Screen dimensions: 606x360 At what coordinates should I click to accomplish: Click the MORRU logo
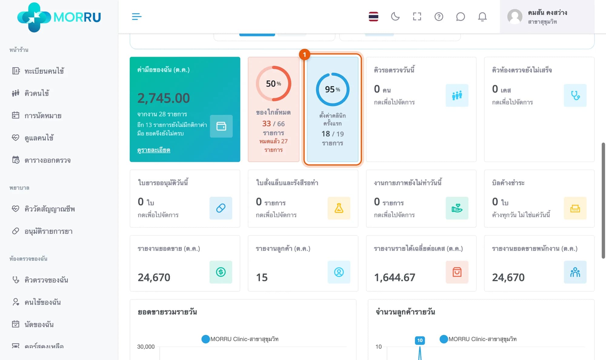click(x=59, y=17)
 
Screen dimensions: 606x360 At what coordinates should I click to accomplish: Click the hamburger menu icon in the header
click(x=137, y=16)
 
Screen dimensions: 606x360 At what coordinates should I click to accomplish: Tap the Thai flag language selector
click(x=373, y=16)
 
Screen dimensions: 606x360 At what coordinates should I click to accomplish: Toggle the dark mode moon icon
click(x=395, y=16)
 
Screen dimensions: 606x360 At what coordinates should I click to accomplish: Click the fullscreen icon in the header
click(x=417, y=16)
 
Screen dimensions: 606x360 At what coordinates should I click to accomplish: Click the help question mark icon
click(x=439, y=16)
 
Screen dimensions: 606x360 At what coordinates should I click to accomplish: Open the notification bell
click(x=482, y=16)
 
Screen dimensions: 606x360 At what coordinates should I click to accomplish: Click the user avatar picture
click(x=515, y=16)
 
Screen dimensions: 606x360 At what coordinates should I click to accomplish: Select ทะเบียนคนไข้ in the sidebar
click(x=44, y=71)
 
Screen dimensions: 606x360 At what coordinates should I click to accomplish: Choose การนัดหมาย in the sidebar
click(x=43, y=115)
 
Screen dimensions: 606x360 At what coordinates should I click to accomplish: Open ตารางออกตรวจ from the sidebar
click(x=48, y=160)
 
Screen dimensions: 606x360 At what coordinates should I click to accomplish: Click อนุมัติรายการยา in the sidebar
click(x=48, y=231)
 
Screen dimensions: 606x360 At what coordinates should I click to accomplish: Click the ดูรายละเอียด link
click(x=154, y=150)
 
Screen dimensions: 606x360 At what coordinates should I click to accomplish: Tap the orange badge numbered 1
click(x=305, y=55)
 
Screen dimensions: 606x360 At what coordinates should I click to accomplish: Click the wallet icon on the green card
click(x=221, y=126)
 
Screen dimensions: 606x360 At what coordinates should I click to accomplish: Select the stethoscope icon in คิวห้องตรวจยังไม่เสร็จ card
click(x=575, y=95)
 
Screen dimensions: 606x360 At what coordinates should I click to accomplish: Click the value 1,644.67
click(x=395, y=277)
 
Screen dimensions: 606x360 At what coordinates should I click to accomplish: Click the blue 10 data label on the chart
click(x=420, y=340)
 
